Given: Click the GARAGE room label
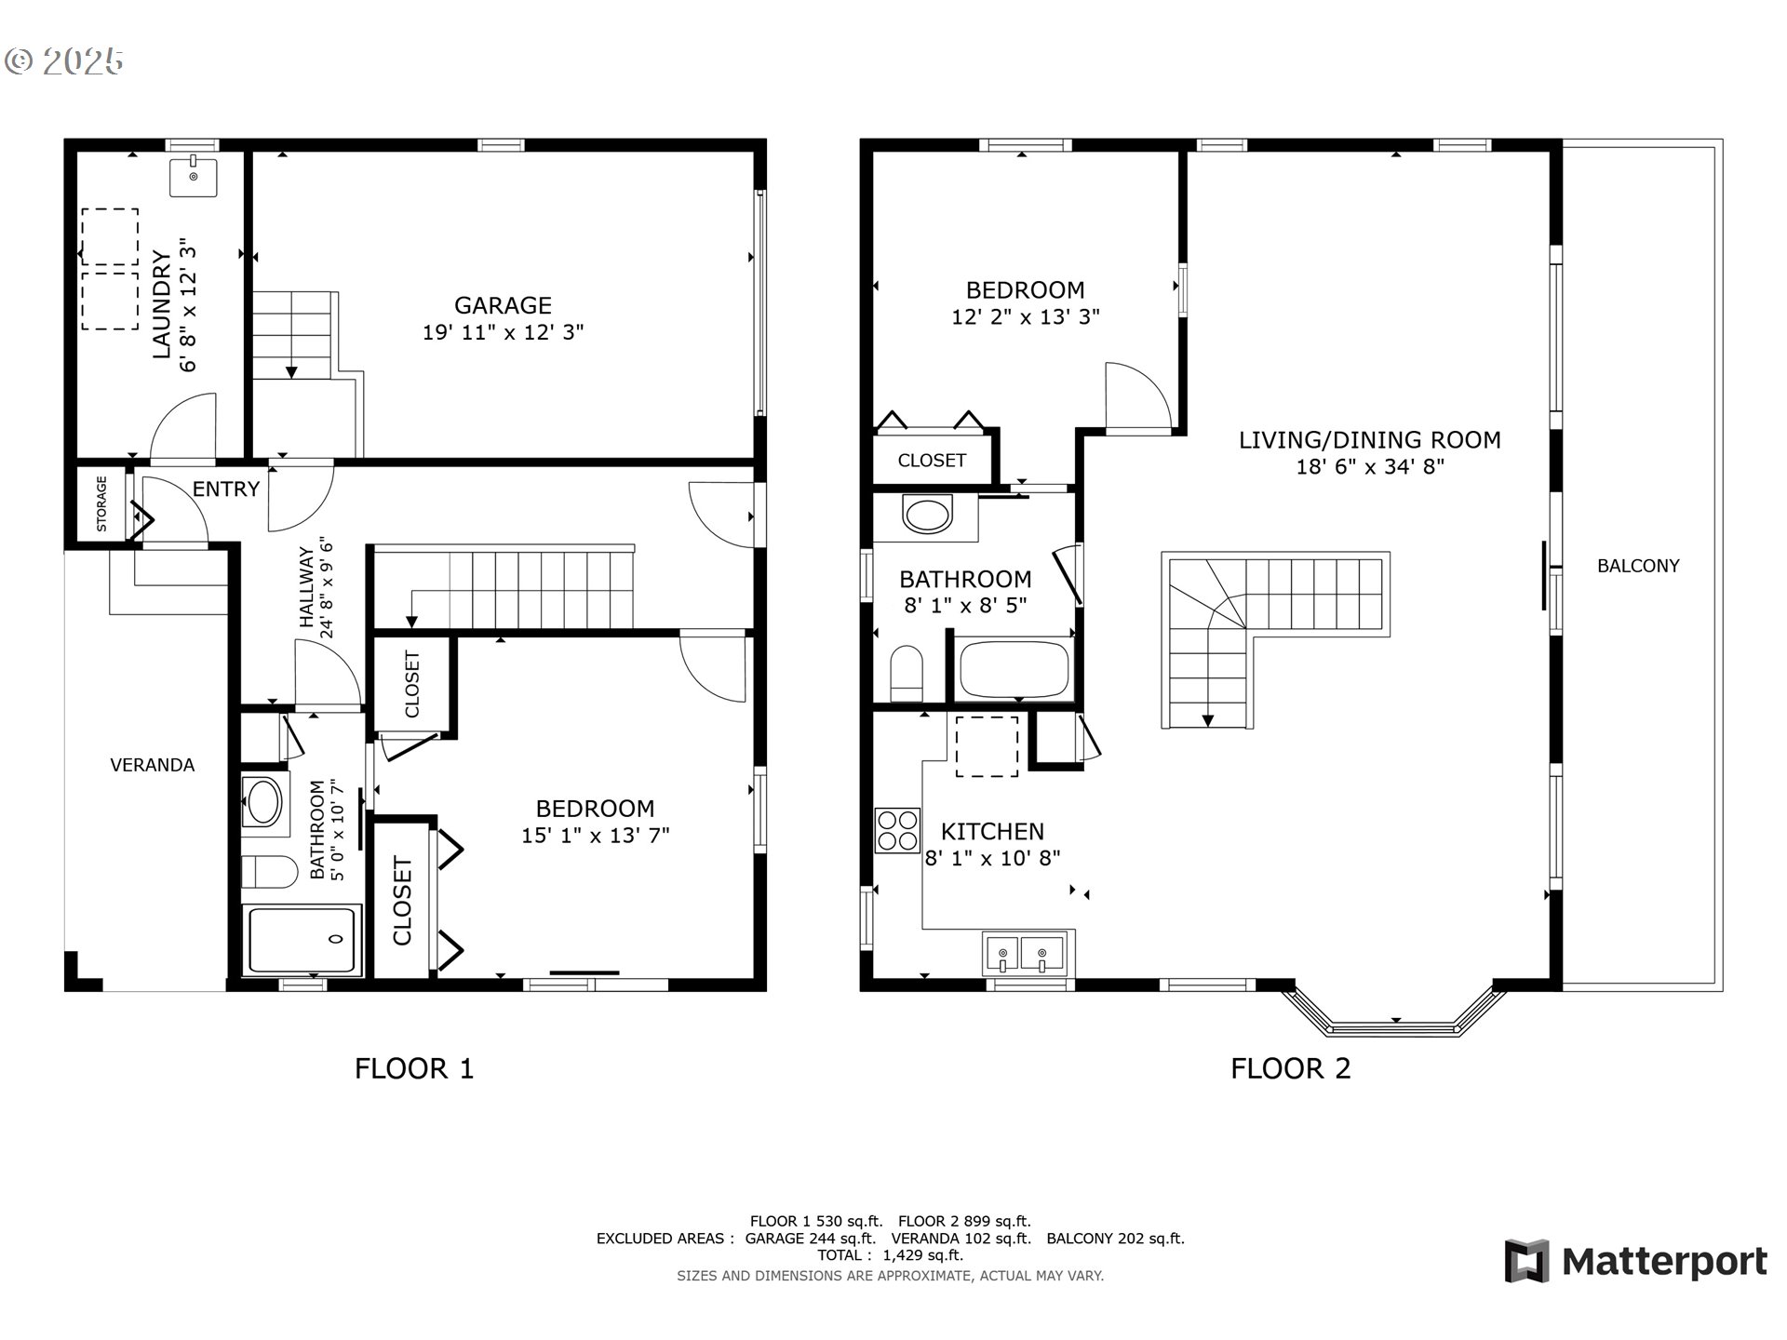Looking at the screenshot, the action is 503,305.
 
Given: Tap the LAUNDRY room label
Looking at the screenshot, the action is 162,304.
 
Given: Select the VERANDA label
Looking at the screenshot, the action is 153,765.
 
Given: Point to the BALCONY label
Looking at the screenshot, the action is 1638,566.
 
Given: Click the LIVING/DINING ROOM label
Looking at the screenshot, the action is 1370,439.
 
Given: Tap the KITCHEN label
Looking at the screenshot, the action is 992,831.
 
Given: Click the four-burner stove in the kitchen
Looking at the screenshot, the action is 897,830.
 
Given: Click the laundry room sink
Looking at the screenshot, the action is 193,177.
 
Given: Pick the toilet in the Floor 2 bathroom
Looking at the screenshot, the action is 906,673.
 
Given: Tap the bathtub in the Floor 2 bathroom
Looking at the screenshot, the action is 1014,668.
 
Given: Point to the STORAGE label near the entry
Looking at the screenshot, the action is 101,503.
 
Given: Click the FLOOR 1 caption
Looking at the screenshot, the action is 414,1068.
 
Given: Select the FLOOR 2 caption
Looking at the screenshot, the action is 1290,1068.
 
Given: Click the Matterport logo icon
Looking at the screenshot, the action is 1526,1261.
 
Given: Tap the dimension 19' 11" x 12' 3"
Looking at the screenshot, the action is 503,332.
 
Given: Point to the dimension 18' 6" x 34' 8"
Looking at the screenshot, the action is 1370,466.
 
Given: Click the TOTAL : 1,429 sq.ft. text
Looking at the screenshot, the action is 890,1255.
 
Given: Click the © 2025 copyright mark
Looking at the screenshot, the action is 64,61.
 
